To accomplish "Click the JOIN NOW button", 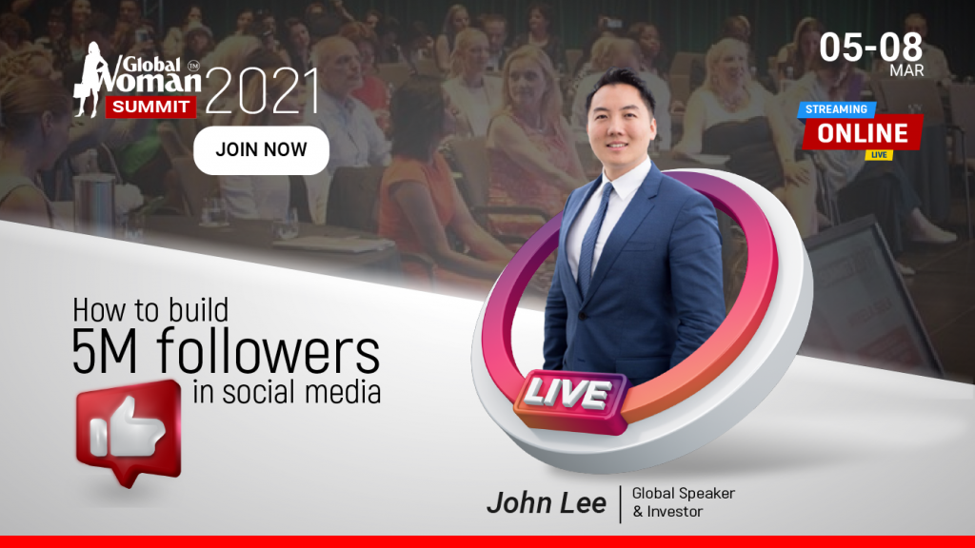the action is click(x=261, y=150).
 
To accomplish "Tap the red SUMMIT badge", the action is click(x=151, y=107).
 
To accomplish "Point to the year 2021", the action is click(x=262, y=90).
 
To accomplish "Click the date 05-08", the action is click(x=870, y=48).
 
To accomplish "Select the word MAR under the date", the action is click(x=906, y=70).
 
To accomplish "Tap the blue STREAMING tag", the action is click(x=836, y=109).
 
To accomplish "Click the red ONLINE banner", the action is click(x=863, y=133).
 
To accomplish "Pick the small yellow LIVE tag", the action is click(x=879, y=155).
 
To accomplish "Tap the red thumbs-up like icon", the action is click(x=129, y=431).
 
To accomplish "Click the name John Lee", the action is click(x=546, y=503).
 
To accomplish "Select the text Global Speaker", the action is click(x=684, y=494).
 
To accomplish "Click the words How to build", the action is click(x=150, y=309).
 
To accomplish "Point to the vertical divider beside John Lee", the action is click(x=620, y=504).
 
